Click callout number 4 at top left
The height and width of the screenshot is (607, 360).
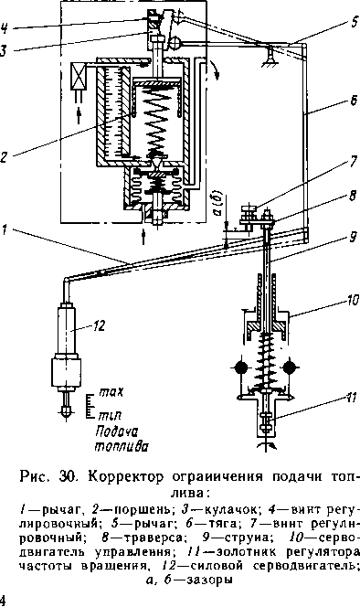click(4, 28)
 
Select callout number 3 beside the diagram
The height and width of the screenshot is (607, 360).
click(3, 50)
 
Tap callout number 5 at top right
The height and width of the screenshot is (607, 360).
click(355, 22)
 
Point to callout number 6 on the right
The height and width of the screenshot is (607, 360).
click(354, 101)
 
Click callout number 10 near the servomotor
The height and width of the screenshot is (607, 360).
click(353, 300)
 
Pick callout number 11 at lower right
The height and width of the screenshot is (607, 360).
click(350, 398)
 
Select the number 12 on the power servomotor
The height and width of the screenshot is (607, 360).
click(99, 326)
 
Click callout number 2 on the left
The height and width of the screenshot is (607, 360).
click(4, 157)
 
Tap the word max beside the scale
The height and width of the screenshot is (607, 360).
click(111, 392)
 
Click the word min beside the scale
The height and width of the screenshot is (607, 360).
click(110, 416)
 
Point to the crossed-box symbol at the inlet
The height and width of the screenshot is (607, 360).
click(79, 76)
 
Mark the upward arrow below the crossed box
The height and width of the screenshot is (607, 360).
click(79, 116)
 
